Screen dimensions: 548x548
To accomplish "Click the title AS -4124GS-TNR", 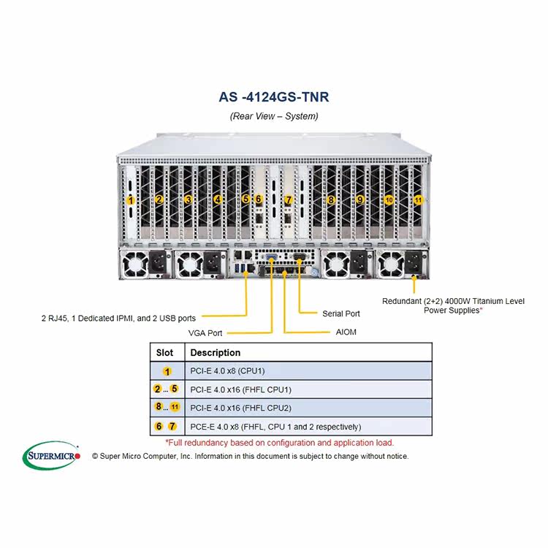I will coord(273,96).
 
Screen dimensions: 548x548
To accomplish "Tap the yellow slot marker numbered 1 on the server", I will coord(131,199).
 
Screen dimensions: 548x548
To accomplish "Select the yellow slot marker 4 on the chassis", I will coord(217,199).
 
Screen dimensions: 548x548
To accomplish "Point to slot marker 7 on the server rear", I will coord(288,199).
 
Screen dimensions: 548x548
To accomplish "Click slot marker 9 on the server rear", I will coord(359,199).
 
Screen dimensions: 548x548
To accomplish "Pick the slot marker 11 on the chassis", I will coord(418,199).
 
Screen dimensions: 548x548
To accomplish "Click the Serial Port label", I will coord(340,313).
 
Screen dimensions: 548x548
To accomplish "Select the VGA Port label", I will coord(205,332).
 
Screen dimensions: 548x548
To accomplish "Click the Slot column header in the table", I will coord(165,352).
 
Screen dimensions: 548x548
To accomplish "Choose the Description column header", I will coord(216,352).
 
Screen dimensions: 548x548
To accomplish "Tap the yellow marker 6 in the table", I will coord(159,426).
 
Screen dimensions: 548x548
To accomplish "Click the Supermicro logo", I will coord(52,455).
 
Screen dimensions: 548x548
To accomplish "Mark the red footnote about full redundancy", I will coord(279,442).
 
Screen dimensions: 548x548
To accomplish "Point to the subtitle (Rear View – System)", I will coord(273,116).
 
